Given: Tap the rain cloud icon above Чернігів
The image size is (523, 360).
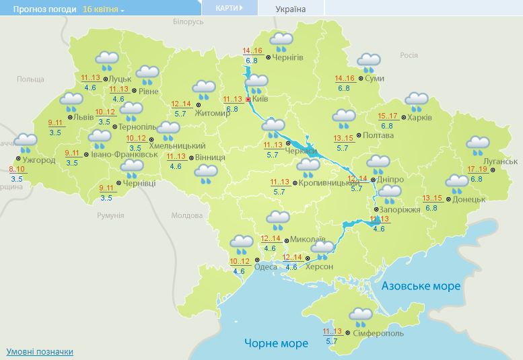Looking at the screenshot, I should click(281, 42).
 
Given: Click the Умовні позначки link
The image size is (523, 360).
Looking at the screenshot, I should click(40, 351).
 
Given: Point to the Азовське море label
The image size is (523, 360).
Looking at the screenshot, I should click(421, 286).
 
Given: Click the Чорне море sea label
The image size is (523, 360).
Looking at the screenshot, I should click(276, 343).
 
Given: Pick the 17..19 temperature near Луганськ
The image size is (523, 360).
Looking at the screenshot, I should click(477, 168).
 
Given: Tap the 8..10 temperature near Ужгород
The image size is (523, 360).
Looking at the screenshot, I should click(17, 169).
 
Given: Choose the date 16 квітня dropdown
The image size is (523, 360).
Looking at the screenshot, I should click(104, 9).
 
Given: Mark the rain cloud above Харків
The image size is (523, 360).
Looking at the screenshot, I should click(417, 102).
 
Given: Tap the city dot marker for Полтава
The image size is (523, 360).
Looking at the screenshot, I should click(359, 135).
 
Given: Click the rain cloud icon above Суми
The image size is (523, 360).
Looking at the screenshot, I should click(368, 63).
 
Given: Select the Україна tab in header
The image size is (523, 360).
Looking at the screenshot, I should click(291, 9).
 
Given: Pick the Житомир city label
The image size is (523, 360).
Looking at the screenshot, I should click(212, 112).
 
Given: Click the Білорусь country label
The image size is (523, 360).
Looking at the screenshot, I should click(188, 22).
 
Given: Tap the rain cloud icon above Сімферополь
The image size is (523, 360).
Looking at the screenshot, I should click(361, 316).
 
